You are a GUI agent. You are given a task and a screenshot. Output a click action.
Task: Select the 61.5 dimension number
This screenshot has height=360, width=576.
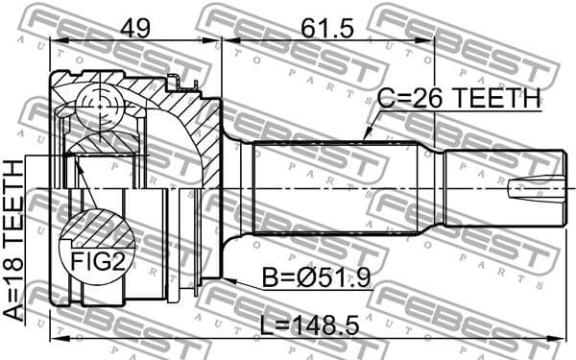326,26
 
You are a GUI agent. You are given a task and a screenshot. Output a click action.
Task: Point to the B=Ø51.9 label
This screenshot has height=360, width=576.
318,278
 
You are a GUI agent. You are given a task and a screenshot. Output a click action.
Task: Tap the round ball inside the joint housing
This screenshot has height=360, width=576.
99,104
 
